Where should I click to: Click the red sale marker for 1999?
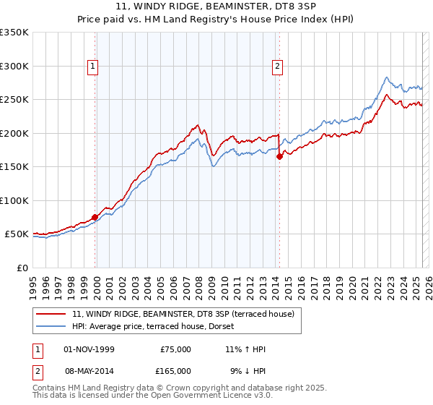(x=95, y=217)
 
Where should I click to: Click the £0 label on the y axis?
(x=22, y=268)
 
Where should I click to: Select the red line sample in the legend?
(x=52, y=315)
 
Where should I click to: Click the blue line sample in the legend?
(x=52, y=326)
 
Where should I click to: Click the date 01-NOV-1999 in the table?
(x=89, y=349)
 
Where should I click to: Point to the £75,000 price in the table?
(x=175, y=349)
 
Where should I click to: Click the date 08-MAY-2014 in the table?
(x=89, y=370)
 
